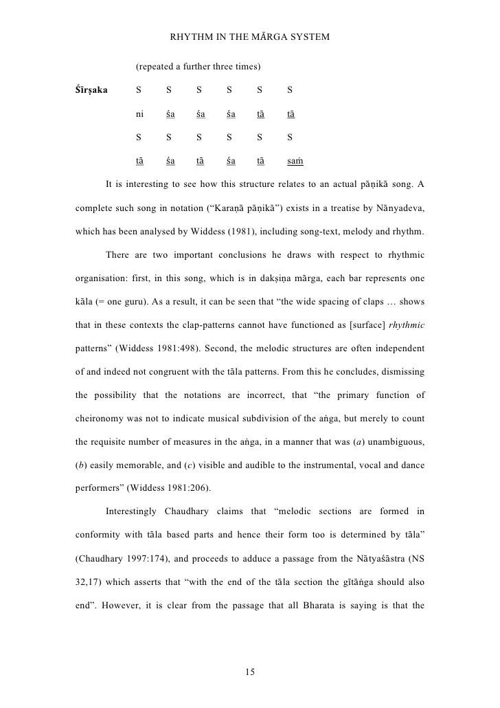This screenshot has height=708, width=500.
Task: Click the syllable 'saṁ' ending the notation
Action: coord(295,162)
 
